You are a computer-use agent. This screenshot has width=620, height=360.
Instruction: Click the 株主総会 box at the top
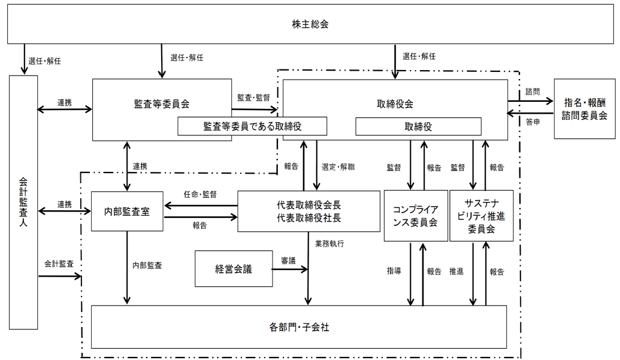310,25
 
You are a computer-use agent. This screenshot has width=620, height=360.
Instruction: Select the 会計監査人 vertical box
23,202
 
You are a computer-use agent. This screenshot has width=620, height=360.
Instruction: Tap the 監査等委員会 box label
162,104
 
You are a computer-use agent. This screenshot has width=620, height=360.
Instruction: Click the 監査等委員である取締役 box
253,126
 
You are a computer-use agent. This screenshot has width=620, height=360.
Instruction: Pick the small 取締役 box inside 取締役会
418,126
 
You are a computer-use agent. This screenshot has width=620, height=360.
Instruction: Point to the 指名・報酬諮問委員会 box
583,109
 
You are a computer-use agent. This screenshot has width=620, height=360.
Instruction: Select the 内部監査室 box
126,211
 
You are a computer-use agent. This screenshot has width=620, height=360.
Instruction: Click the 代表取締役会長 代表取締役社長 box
309,211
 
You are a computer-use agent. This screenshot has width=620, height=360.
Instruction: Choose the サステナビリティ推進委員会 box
481,216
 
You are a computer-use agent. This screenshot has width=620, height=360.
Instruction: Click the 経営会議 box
234,269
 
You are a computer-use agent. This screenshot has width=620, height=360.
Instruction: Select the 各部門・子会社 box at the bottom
299,327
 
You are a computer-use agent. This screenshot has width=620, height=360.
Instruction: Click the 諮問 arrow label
532,92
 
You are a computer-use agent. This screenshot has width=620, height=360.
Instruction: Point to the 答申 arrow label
532,122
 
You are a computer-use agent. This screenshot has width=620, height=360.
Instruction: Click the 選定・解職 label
338,167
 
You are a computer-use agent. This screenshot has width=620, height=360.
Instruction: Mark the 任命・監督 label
200,194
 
